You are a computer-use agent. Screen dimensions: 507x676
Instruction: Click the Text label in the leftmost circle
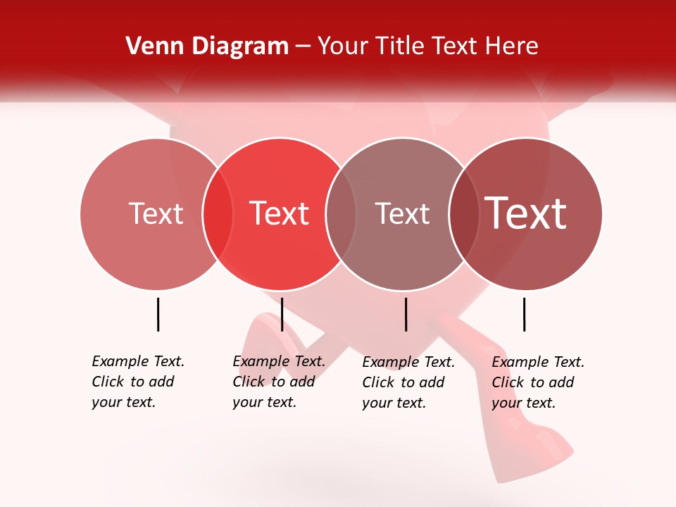click(156, 213)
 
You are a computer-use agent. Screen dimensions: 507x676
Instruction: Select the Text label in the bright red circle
click(279, 213)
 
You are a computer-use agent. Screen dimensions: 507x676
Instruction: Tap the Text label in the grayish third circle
click(402, 213)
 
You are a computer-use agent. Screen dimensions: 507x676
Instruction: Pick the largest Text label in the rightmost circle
click(526, 213)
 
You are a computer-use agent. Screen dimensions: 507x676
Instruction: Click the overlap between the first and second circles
click(218, 214)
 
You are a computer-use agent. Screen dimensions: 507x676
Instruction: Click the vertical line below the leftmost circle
click(158, 314)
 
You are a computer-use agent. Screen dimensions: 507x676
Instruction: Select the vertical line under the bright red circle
click(282, 314)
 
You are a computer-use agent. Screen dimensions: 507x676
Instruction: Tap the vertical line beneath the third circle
click(406, 314)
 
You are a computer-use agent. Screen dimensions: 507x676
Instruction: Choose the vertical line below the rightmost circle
click(524, 314)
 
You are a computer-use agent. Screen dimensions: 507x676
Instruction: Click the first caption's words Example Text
click(138, 361)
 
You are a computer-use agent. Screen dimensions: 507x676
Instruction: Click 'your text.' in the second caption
click(264, 402)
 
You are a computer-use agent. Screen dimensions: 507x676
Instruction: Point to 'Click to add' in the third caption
click(403, 382)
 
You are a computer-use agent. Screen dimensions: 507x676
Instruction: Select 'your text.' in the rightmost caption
click(523, 403)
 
